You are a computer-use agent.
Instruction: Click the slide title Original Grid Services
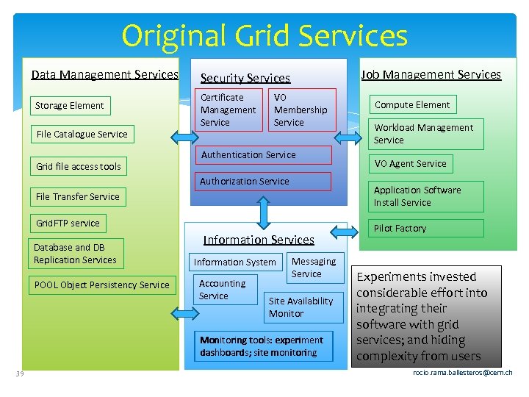(264, 35)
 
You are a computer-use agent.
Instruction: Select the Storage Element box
(70, 106)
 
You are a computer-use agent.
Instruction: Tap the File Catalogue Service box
(82, 135)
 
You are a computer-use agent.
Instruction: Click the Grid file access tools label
(79, 167)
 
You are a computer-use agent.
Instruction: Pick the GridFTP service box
(68, 223)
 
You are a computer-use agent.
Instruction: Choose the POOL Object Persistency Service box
(102, 285)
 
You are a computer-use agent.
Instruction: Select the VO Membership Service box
(301, 110)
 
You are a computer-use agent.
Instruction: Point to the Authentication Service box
(261, 155)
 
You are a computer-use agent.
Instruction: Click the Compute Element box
(413, 105)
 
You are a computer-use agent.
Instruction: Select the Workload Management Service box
(425, 134)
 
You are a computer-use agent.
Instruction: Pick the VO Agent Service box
(411, 164)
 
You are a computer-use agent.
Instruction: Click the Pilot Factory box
(425, 229)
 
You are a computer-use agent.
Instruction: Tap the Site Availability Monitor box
(303, 307)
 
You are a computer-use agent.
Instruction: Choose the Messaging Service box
(314, 268)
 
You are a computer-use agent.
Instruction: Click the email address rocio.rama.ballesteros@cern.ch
(463, 373)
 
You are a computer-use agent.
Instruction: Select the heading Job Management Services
(431, 74)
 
